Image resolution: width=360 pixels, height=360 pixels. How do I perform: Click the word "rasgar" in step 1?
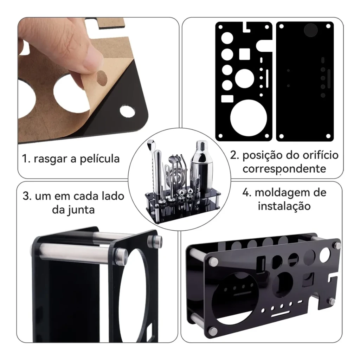(x=51, y=159)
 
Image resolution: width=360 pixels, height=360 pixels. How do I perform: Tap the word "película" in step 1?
(x=100, y=159)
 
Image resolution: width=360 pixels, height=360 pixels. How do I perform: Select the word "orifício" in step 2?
(x=321, y=155)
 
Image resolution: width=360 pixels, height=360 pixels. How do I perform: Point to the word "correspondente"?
(x=284, y=169)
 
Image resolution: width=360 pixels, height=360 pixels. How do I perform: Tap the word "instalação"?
(x=284, y=206)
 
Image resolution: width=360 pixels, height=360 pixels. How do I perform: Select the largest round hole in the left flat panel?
(x=249, y=118)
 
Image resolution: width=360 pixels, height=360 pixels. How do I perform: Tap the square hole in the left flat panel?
(x=245, y=54)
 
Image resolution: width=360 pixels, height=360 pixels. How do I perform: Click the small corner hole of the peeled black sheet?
(x=127, y=111)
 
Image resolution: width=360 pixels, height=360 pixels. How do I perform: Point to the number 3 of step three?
(x=27, y=197)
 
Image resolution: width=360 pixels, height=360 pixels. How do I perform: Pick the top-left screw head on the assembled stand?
(x=213, y=261)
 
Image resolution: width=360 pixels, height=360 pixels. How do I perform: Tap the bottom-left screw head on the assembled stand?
(x=213, y=331)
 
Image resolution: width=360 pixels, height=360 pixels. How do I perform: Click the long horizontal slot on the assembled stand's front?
(x=281, y=314)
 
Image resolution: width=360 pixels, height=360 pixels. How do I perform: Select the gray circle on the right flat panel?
(x=311, y=30)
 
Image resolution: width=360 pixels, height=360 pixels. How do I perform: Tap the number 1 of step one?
(x=26, y=159)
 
